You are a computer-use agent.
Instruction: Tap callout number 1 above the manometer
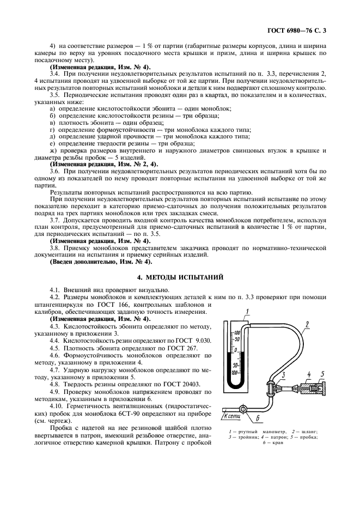(x=247, y=312)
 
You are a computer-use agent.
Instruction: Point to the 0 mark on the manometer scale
(x=235, y=349)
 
